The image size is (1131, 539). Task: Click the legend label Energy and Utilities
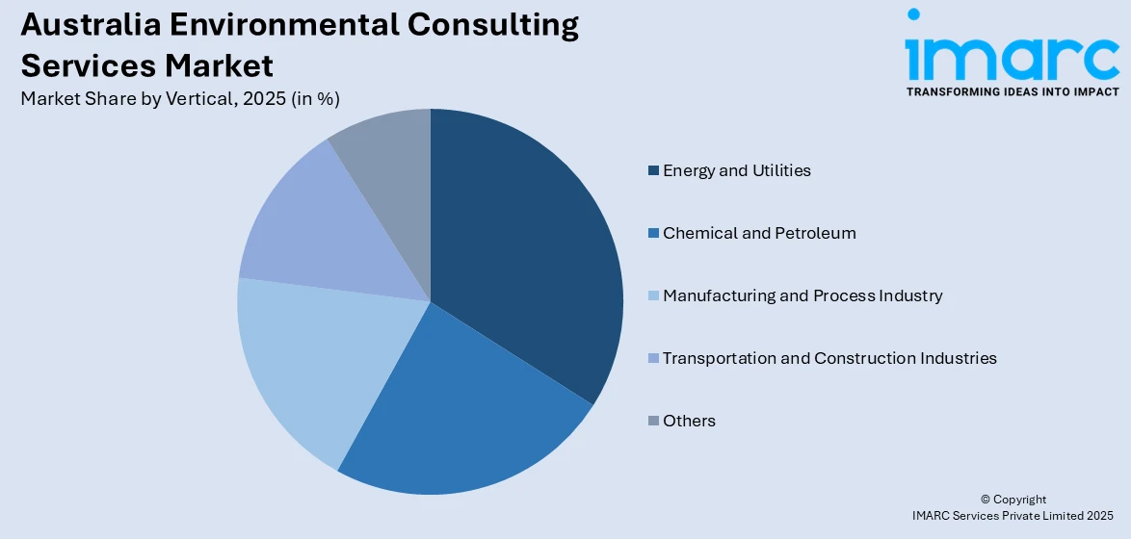click(x=736, y=170)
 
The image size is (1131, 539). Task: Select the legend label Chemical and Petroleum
click(x=758, y=233)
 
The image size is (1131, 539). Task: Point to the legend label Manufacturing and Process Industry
click(x=802, y=295)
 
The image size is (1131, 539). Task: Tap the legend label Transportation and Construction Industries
click(x=829, y=358)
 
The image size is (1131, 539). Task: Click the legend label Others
click(x=689, y=421)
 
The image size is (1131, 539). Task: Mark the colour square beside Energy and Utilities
click(x=654, y=171)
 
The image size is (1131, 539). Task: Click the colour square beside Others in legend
click(x=654, y=422)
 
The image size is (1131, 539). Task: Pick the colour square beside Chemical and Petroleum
click(x=654, y=234)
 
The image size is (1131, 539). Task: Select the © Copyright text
click(x=1013, y=500)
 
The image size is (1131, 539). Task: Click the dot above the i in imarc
click(x=913, y=14)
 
